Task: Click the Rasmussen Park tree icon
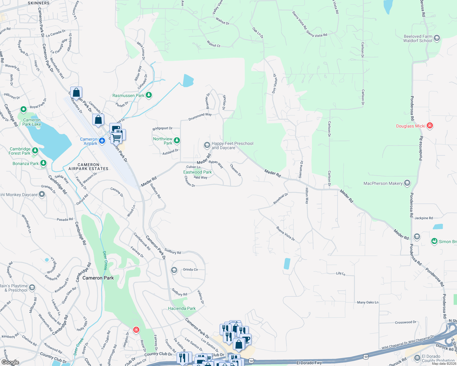(x=149, y=95)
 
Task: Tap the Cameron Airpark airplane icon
(x=102, y=141)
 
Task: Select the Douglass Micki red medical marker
(x=430, y=126)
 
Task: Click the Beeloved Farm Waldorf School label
(x=418, y=38)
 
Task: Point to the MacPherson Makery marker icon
(x=407, y=183)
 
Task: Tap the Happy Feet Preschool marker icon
(x=207, y=145)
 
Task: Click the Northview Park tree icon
(x=177, y=141)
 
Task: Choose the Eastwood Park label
(x=197, y=172)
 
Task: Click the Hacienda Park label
(x=182, y=308)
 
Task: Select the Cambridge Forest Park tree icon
(x=35, y=150)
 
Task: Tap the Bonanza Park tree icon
(x=43, y=163)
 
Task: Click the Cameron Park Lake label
(x=32, y=122)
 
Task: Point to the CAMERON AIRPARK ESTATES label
(x=88, y=167)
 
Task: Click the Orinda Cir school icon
(x=174, y=270)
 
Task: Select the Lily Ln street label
(x=341, y=273)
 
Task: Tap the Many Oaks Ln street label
(x=367, y=302)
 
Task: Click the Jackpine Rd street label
(x=423, y=218)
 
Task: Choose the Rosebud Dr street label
(x=280, y=199)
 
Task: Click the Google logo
(x=10, y=362)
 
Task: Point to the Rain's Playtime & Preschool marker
(x=32, y=287)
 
